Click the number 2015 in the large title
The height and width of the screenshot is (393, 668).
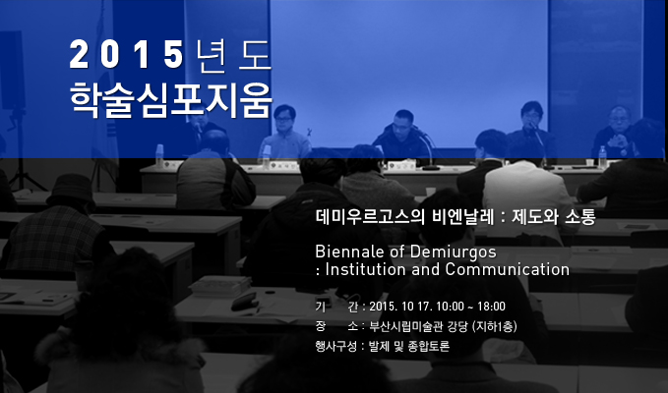coord(127,54)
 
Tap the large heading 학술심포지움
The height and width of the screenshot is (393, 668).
coord(171,100)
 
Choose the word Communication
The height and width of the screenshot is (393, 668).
coord(508,269)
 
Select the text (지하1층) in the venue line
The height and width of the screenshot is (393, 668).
coord(495,326)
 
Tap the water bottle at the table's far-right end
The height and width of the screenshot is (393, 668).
coord(602,156)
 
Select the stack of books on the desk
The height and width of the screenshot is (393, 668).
coord(220,286)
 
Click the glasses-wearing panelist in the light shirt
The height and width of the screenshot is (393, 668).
coord(284,134)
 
